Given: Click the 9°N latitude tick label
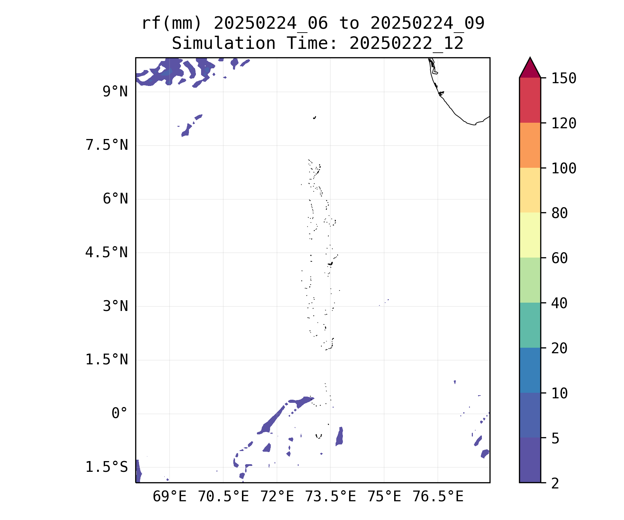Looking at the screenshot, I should pos(115,92).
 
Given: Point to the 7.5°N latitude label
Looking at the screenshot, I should pos(107,145).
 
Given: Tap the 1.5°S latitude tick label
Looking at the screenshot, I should pos(107,467).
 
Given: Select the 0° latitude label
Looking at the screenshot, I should pos(120,413).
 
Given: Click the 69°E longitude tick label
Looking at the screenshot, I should pos(170,497).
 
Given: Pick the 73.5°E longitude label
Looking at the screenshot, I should pos(330,497).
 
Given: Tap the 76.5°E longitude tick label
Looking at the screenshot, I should pos(438,497).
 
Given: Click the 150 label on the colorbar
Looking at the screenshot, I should pos(564,78).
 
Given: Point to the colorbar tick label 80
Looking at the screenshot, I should pos(560,213).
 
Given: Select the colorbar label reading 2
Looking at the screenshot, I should pos(555,483).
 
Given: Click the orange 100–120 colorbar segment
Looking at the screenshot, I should pos(530,145).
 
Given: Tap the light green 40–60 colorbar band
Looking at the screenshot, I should pos(530,280).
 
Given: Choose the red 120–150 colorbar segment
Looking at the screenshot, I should pos(530,100).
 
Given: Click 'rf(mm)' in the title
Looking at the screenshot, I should pos(172,24).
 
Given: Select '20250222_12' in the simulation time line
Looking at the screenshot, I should pos(406,44).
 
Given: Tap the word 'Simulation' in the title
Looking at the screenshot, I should pos(224,44).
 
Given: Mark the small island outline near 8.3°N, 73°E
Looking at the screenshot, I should pos(314,118).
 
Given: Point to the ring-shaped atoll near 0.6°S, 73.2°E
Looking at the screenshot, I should pos(319,436).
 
